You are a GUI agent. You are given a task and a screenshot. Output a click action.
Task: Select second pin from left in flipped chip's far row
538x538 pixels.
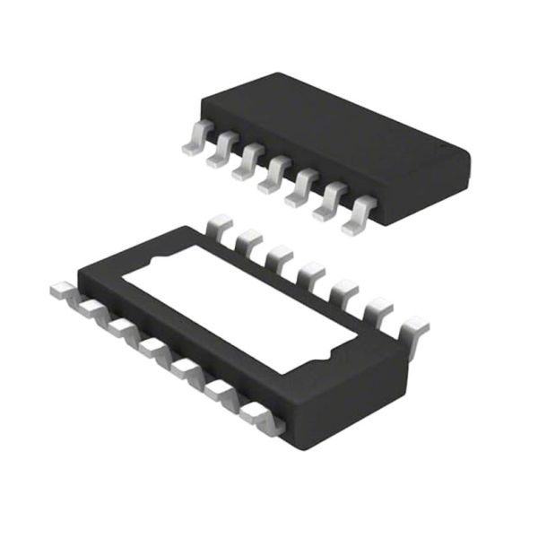click(x=248, y=240)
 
